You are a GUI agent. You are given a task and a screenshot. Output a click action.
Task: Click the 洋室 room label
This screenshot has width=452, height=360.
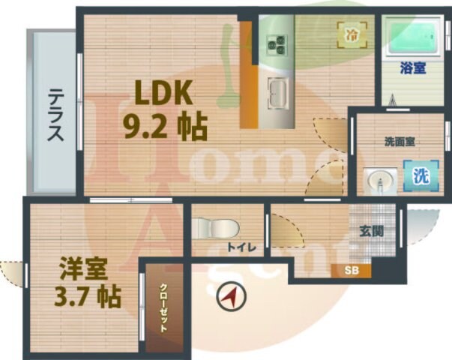coord(84,268)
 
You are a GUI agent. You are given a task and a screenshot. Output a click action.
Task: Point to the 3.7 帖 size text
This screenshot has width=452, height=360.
coord(87,296)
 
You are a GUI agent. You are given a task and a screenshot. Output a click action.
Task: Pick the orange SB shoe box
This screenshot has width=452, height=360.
coord(350,270)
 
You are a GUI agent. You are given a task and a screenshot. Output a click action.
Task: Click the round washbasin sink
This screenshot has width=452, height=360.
coord(378,181)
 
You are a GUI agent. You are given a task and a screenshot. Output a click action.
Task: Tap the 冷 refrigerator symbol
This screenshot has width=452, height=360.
coord(350,33)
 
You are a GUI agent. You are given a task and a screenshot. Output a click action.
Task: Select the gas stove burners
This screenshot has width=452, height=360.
coord(275,44)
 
